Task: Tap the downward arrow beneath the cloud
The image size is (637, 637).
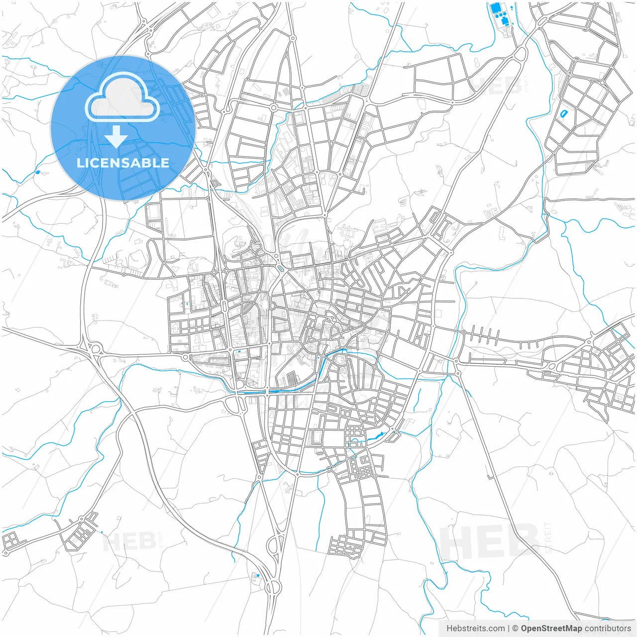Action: (x=116, y=136)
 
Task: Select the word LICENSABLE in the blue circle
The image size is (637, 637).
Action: (x=123, y=163)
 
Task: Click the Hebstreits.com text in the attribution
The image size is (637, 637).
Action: (x=475, y=629)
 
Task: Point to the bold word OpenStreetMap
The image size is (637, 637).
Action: (x=551, y=629)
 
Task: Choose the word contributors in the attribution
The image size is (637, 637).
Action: (x=608, y=629)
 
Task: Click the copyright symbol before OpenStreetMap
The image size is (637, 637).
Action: (x=516, y=629)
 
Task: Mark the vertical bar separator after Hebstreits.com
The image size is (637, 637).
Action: (x=509, y=629)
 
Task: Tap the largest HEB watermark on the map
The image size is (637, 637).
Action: (x=490, y=540)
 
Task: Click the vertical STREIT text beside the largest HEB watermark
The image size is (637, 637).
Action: (x=548, y=538)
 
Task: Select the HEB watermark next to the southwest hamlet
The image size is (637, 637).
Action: (x=128, y=541)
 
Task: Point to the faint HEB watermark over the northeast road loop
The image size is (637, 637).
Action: (x=495, y=86)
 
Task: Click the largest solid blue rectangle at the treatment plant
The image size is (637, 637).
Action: (x=495, y=8)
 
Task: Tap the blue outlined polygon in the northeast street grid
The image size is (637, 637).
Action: (x=563, y=114)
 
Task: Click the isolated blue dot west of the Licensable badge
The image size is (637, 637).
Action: (x=37, y=173)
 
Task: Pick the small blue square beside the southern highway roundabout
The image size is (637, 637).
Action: (x=257, y=576)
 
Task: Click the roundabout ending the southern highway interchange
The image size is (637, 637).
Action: (x=272, y=588)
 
